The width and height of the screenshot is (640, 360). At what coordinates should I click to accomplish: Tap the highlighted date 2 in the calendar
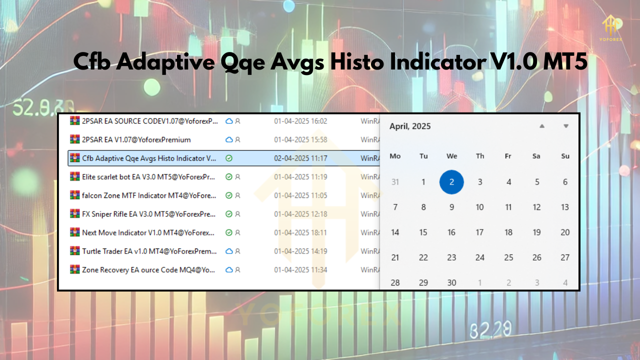451,182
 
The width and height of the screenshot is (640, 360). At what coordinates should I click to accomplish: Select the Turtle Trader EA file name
149,251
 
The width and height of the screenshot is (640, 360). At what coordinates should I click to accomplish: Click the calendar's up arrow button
542,126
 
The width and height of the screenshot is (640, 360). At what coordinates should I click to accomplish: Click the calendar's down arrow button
565,126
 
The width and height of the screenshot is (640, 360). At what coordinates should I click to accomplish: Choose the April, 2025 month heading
410,126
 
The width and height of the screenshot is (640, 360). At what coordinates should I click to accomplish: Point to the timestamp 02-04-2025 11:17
300,158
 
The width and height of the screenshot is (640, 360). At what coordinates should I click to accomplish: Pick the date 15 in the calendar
423,232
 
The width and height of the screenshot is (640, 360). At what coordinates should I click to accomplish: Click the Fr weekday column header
508,156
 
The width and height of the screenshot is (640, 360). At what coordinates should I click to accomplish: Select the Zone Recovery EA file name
148,269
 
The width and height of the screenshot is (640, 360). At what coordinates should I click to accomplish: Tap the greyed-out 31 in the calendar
395,182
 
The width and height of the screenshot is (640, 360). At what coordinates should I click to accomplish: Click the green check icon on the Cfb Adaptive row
229,158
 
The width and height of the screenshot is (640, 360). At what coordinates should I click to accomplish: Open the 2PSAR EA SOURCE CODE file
150,121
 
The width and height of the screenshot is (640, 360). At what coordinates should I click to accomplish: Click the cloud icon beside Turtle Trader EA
229,251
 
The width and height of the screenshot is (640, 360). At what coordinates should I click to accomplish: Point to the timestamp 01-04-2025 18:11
300,232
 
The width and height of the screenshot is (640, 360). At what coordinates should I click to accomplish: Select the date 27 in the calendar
565,257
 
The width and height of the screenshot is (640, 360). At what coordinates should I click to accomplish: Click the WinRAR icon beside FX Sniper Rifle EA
75,213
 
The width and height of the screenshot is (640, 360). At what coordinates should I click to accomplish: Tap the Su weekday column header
565,156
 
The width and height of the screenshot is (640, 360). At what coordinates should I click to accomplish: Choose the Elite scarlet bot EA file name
148,176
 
